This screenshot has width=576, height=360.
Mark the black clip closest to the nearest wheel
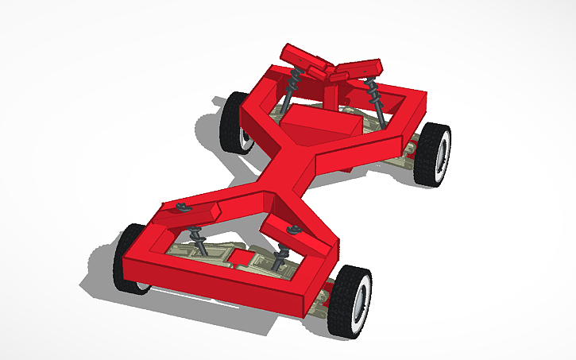click(x=293, y=231)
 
